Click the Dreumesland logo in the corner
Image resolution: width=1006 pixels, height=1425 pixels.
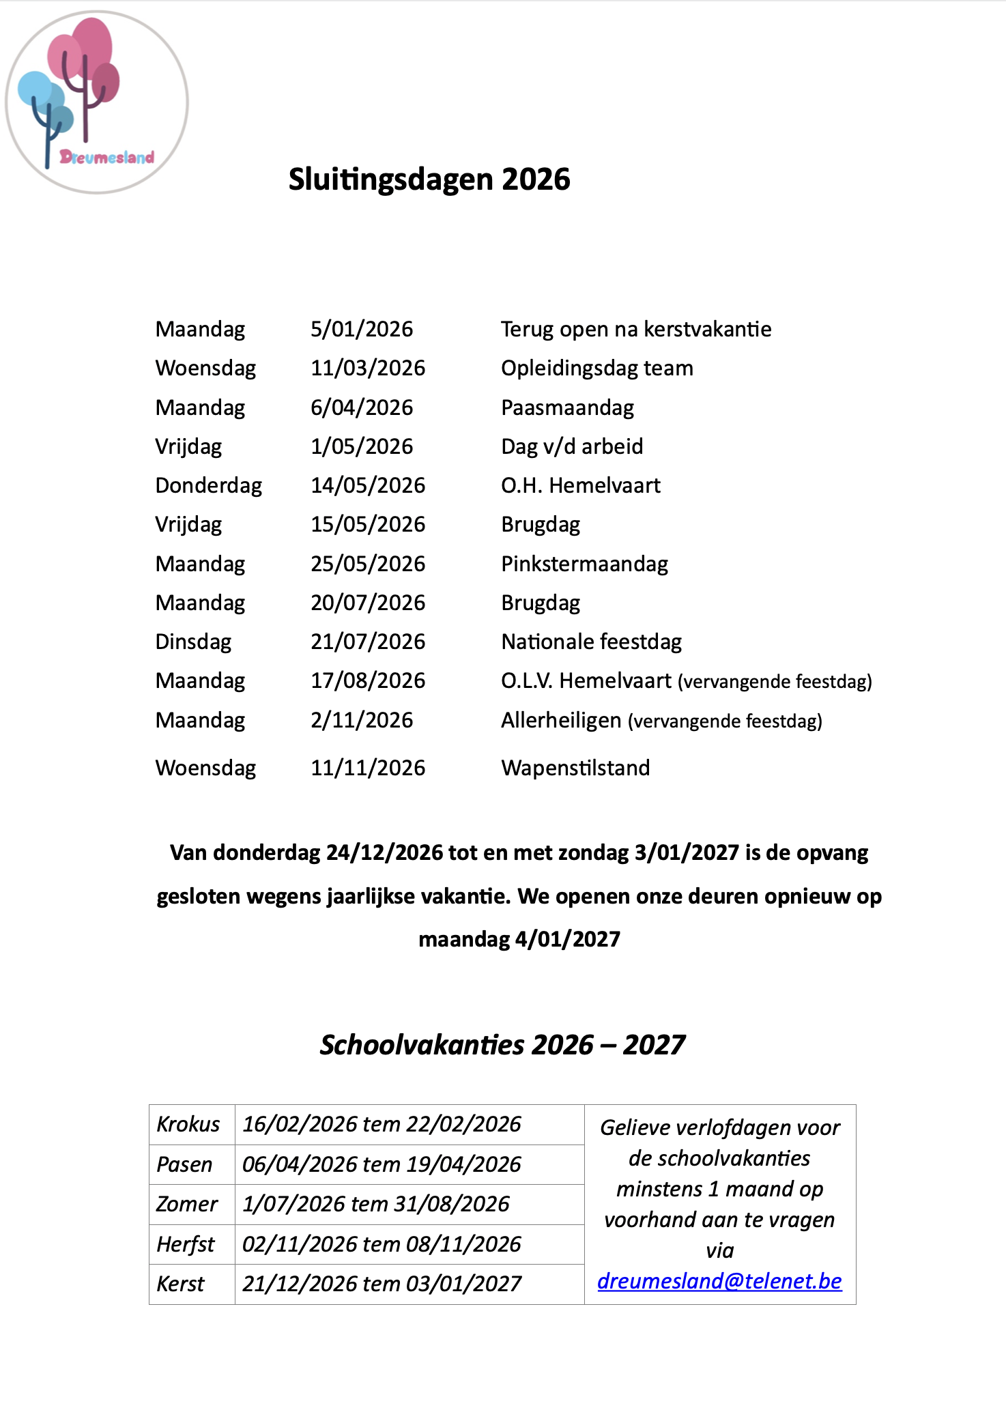[97, 102]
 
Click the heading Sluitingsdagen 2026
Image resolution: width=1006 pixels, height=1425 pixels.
[429, 179]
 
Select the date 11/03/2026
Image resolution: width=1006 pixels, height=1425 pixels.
[368, 369]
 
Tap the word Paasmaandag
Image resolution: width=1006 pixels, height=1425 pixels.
[567, 408]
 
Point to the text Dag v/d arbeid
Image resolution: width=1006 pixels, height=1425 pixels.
[572, 447]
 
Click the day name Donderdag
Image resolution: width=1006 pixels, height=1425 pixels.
[208, 486]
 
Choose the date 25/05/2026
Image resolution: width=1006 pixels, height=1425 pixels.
[368, 564]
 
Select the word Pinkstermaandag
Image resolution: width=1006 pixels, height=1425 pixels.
[584, 564]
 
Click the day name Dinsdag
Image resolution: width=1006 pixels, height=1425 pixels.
[193, 642]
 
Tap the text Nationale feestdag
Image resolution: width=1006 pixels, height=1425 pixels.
[591, 642]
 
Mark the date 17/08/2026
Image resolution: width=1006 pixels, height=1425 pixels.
[368, 681]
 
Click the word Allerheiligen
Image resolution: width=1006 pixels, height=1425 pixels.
[561, 721]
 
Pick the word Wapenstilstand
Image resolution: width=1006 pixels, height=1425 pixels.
[575, 768]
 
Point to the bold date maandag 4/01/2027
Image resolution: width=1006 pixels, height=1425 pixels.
[519, 940]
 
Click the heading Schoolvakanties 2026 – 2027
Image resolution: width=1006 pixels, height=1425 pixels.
[502, 1045]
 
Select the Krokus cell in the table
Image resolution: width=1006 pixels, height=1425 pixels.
[188, 1125]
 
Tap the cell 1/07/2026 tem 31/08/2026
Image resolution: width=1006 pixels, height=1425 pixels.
[376, 1205]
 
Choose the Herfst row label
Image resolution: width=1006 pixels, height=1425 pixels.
[186, 1245]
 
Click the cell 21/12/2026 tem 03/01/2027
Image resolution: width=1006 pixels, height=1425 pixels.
[382, 1284]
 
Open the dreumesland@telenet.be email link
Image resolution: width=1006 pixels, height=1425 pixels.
[719, 1282]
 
